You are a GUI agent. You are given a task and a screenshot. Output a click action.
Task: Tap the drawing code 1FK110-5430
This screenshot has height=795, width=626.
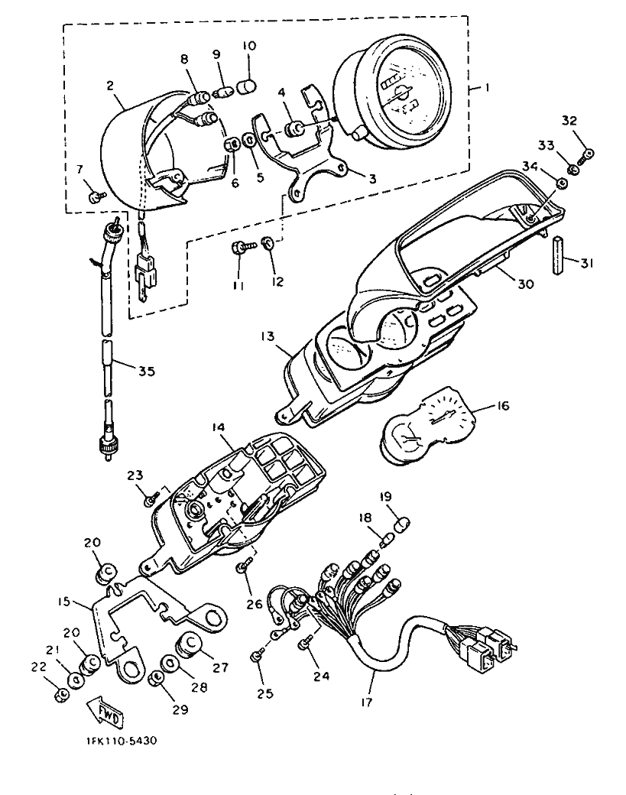pyautogui.click(x=121, y=741)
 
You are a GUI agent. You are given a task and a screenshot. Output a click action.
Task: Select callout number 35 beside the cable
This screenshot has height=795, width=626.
pyautogui.click(x=147, y=372)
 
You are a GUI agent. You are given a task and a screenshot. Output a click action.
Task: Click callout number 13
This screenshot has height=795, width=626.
pyautogui.click(x=268, y=336)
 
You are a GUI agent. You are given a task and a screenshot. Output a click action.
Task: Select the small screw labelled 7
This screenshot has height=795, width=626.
pyautogui.click(x=96, y=196)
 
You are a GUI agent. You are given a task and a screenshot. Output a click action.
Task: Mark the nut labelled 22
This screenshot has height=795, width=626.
pyautogui.click(x=61, y=695)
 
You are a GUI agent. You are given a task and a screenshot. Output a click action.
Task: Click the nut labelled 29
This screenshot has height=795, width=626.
pyautogui.click(x=156, y=678)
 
